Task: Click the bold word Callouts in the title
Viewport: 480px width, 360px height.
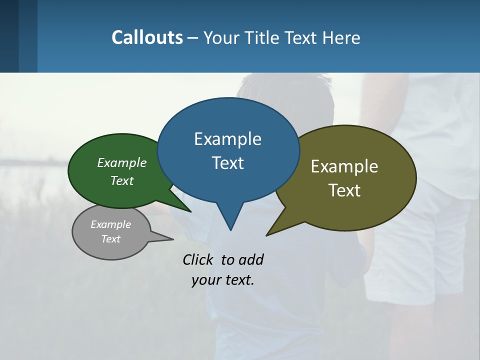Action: [x=147, y=37]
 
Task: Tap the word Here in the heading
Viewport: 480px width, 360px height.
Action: [x=341, y=37]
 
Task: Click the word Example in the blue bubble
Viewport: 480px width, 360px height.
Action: [x=227, y=139]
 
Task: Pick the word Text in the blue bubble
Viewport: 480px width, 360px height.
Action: [x=227, y=163]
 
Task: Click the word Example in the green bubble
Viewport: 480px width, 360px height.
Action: [x=122, y=163]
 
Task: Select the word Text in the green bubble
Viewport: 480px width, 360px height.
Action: [x=122, y=180]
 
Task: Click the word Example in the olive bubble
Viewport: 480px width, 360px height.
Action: [x=344, y=166]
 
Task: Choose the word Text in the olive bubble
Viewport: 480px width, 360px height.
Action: [x=344, y=190]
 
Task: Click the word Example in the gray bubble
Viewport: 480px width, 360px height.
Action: [x=111, y=224]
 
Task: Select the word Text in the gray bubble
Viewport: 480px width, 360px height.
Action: [x=111, y=239]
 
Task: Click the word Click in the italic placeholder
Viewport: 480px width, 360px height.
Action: [x=198, y=259]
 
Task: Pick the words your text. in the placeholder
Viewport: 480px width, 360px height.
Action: [x=223, y=280]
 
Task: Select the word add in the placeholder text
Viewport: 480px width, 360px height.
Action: [x=251, y=259]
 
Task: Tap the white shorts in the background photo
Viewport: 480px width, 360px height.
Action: [x=410, y=250]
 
